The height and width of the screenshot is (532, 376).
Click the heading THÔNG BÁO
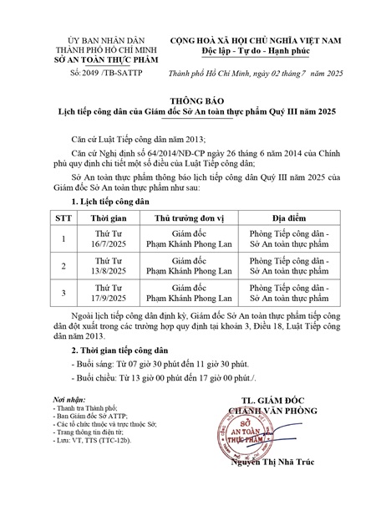point(190,99)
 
